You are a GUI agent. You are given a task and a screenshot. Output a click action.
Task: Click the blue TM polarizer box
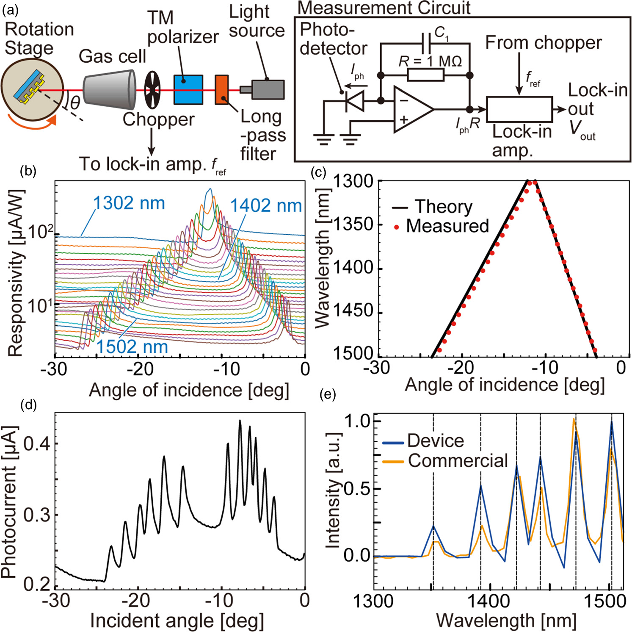(x=188, y=90)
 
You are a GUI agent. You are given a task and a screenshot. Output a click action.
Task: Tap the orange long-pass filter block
(x=222, y=89)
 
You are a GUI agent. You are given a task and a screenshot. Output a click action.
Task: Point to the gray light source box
(x=267, y=89)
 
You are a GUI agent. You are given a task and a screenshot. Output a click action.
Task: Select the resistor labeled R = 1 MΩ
(x=425, y=75)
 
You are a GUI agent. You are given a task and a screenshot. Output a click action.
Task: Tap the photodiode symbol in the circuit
(x=355, y=101)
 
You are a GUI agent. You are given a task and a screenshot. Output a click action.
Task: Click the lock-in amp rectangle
(x=519, y=109)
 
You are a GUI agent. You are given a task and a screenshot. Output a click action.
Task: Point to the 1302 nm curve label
(x=129, y=203)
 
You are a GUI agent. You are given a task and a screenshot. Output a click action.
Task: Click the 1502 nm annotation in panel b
(x=132, y=347)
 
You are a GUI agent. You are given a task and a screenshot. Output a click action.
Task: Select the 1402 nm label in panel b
(x=266, y=206)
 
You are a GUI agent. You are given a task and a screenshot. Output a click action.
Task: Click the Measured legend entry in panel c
(x=447, y=226)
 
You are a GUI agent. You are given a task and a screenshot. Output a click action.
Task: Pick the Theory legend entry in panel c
(x=443, y=207)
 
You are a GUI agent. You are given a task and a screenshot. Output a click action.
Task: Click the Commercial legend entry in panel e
(x=457, y=461)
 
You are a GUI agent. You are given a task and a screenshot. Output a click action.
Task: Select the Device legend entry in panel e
(x=435, y=441)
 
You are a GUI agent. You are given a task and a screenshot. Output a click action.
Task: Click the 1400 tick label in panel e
(x=489, y=601)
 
